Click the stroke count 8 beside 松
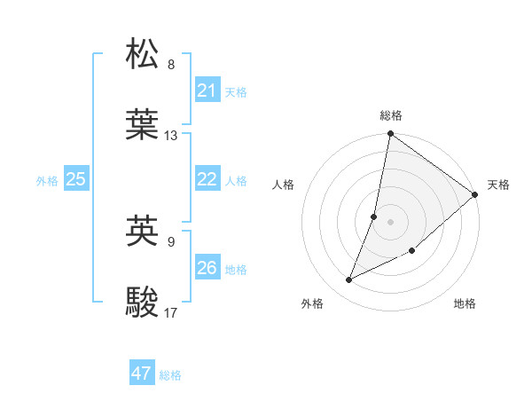click(171, 65)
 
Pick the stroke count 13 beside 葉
click(171, 136)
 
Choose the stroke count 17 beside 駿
click(171, 312)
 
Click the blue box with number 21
click(207, 90)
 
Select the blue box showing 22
click(207, 179)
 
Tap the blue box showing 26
click(207, 268)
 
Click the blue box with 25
click(75, 179)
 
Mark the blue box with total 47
click(141, 374)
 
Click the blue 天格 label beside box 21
click(235, 91)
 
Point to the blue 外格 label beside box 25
click(47, 180)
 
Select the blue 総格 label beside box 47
click(170, 374)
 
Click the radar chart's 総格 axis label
click(391, 115)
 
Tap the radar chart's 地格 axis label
click(465, 304)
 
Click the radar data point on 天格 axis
click(475, 195)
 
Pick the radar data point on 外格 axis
click(349, 280)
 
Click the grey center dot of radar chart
click(390, 221)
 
